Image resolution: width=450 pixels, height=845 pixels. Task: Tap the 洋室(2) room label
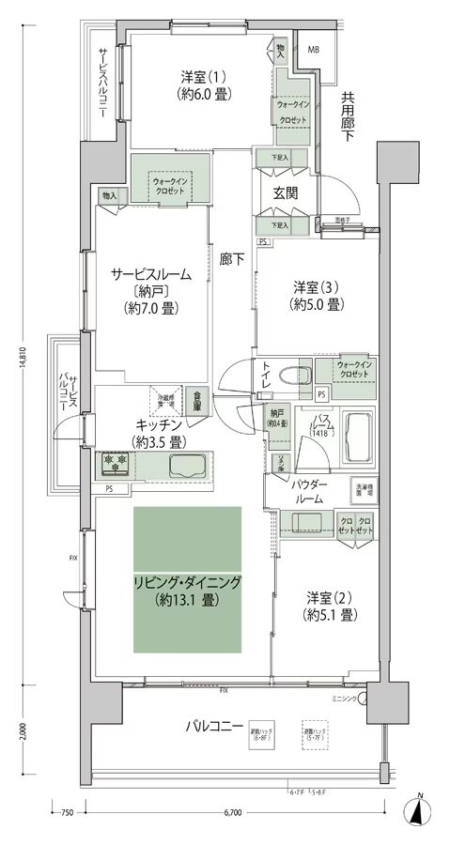click(328, 607)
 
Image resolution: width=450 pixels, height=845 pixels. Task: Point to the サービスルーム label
click(151, 274)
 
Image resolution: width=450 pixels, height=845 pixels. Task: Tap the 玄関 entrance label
click(286, 192)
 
